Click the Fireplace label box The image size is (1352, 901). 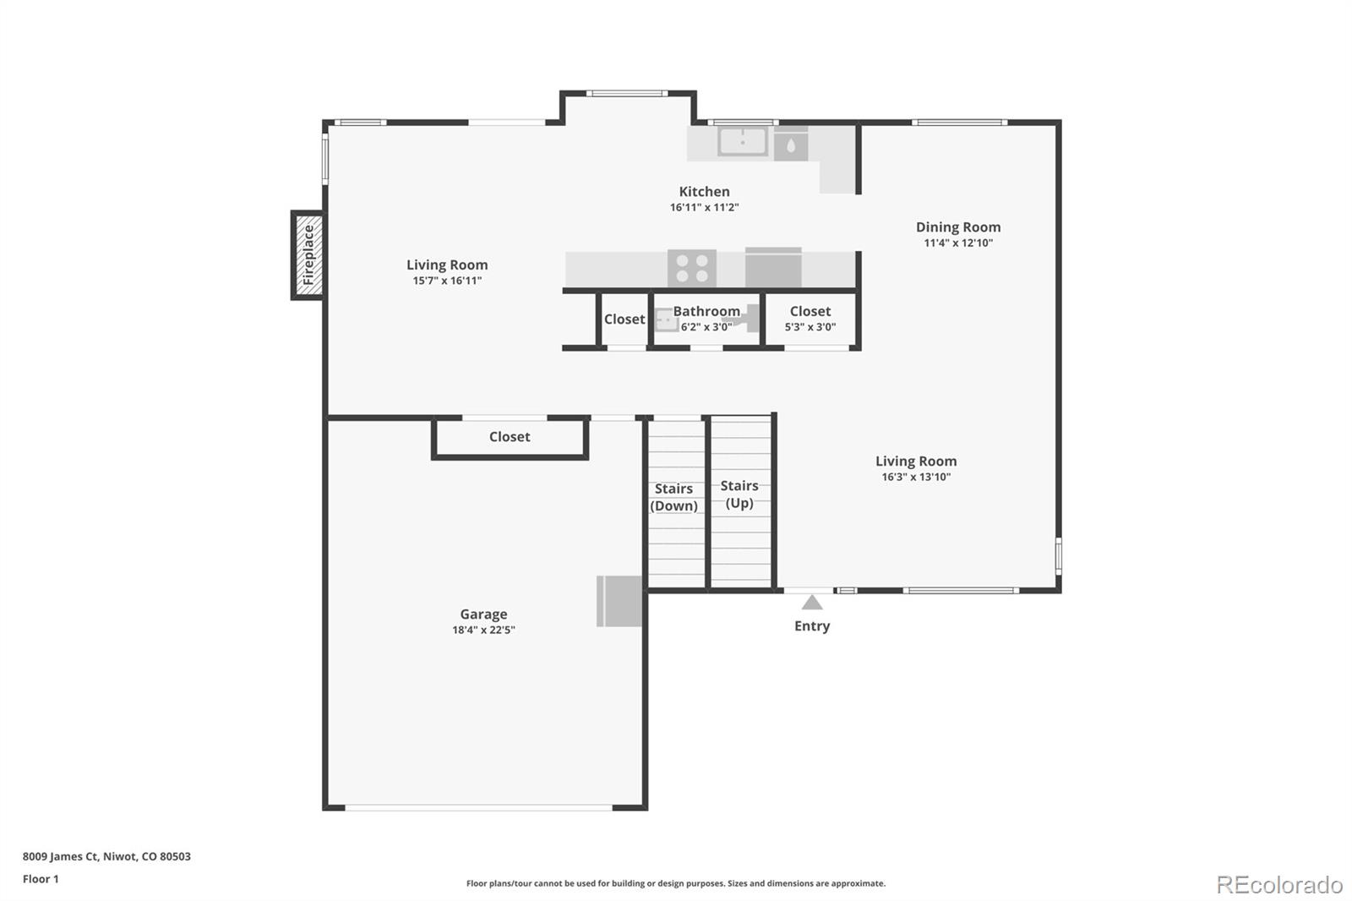coord(308,254)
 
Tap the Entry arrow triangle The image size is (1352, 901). coord(812,603)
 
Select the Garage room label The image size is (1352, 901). coord(483,614)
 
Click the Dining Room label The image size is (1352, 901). coord(958,227)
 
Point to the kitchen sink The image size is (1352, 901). coord(743,141)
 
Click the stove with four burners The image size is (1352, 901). coord(692,269)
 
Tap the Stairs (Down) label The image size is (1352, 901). coord(673,497)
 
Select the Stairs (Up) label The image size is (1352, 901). coord(739,494)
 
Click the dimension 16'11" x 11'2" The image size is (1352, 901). coord(704,208)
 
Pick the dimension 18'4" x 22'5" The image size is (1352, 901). coord(483,630)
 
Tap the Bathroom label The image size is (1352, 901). coord(706,312)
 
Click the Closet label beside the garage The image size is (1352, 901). coord(510,437)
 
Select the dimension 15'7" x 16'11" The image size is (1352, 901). coord(447,281)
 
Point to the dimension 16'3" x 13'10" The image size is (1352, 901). coord(916,477)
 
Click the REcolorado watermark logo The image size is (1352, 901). coord(1279,884)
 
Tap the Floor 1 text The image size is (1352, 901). coord(41,879)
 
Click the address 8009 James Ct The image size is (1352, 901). coord(106,856)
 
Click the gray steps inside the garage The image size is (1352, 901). coord(619,601)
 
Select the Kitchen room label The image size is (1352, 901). coord(704,192)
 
